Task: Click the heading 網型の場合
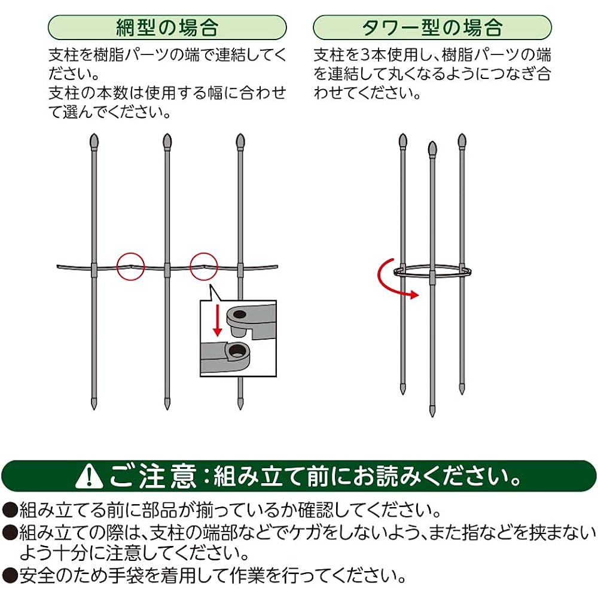(167, 28)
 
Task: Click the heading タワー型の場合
(432, 28)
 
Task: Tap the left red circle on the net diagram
(131, 266)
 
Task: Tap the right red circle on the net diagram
(204, 266)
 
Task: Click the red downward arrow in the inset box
(218, 321)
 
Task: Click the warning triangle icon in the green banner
(89, 477)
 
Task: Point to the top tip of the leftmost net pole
(94, 134)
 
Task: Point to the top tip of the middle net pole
(167, 134)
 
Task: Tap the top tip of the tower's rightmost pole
(462, 134)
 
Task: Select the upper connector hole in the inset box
(240, 315)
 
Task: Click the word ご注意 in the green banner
(152, 477)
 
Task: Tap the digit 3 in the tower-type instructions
(365, 55)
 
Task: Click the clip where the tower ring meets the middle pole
(432, 277)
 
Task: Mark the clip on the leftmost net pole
(94, 270)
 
